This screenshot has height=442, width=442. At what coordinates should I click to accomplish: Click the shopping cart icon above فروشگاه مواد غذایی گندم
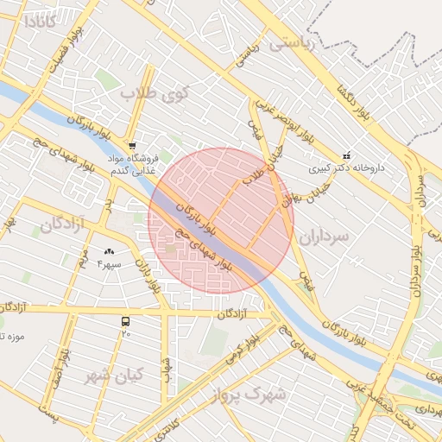pos(131,145)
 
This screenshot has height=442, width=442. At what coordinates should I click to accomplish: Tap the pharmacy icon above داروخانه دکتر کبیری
pos(347,155)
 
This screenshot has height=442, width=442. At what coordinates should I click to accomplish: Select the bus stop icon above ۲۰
pos(127,321)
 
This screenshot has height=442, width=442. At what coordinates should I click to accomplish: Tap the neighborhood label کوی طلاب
pos(148,92)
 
